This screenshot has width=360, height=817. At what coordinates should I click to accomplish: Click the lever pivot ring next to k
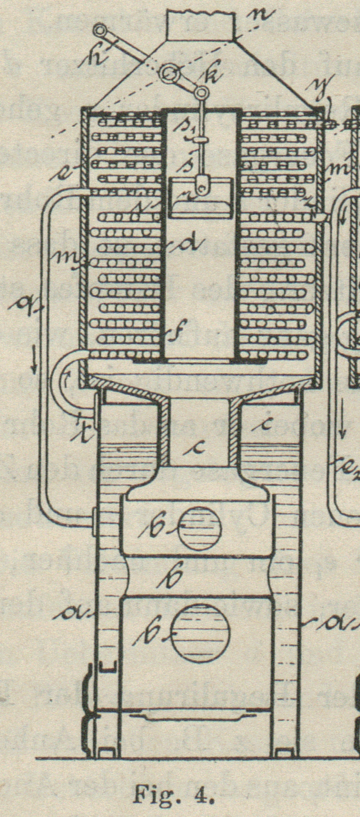point(171,72)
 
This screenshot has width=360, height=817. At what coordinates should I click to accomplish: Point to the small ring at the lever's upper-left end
point(99,30)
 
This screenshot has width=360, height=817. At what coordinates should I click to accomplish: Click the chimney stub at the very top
point(201,25)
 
